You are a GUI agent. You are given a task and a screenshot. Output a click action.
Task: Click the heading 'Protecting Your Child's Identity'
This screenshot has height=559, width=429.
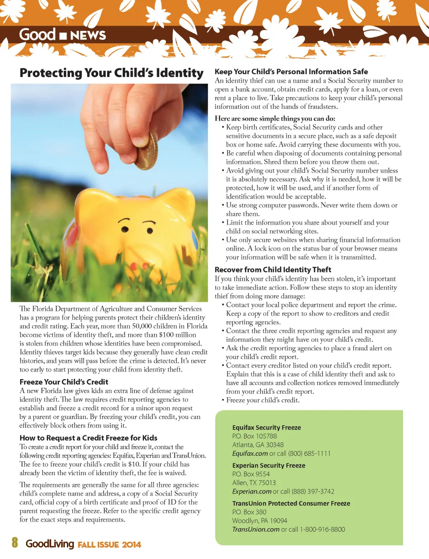(x=111, y=73)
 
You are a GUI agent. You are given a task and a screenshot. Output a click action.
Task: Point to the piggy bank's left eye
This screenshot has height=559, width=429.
(x=124, y=229)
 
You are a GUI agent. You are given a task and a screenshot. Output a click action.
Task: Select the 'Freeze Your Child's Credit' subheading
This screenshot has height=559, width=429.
(x=64, y=382)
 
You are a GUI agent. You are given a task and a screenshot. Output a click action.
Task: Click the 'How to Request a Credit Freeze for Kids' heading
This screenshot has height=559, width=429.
(x=88, y=438)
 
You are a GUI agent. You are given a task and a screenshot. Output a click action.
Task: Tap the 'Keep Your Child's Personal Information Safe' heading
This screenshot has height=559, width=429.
(x=291, y=72)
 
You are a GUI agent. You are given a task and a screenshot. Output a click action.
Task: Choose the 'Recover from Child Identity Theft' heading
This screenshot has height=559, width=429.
(x=273, y=270)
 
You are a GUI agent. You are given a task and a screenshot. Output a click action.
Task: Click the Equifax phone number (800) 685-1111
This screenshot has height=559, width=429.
(x=309, y=453)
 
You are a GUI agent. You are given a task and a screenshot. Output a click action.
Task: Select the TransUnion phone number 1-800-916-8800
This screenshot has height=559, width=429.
(x=322, y=529)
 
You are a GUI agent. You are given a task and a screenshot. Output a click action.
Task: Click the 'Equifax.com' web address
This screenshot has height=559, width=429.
(x=250, y=453)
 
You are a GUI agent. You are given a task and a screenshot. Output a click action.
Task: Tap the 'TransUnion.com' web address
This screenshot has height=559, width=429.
(x=256, y=529)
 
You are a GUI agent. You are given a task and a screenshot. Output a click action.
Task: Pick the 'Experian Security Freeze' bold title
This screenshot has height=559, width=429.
(x=269, y=466)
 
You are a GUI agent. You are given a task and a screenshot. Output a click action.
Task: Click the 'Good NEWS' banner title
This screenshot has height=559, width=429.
(x=62, y=35)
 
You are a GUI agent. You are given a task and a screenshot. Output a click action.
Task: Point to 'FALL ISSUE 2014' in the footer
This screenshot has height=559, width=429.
(x=109, y=544)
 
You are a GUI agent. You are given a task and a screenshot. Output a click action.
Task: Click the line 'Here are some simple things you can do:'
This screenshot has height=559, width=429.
(x=275, y=119)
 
